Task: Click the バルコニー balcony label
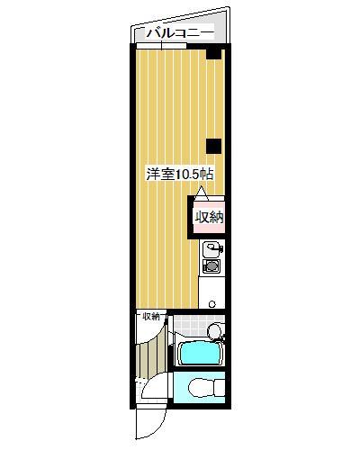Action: click(x=175, y=33)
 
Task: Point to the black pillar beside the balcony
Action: click(x=213, y=53)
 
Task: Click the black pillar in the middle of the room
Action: click(x=213, y=146)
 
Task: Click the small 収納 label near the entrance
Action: click(x=149, y=317)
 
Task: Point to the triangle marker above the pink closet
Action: click(x=202, y=193)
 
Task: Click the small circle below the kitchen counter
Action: click(x=212, y=304)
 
